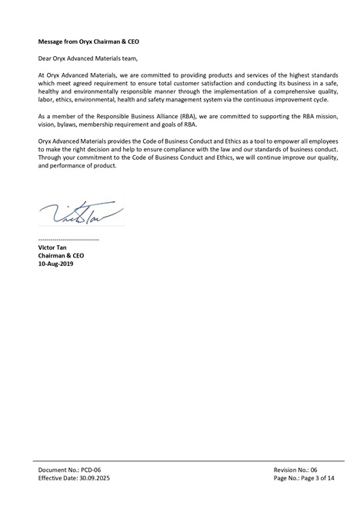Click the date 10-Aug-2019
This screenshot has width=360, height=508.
56,263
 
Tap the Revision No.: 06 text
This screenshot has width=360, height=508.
295,469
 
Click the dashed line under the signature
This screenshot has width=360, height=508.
68,240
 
